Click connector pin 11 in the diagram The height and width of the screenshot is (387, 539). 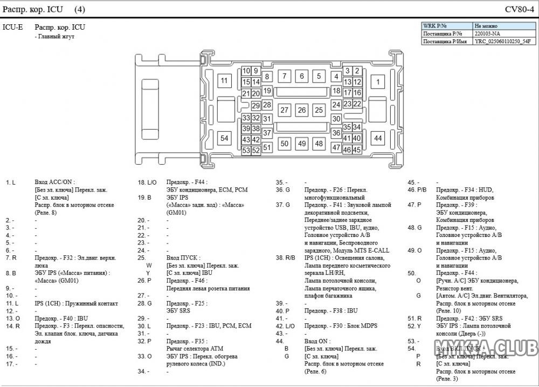click(224, 82)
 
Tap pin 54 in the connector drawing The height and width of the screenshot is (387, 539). click(224, 138)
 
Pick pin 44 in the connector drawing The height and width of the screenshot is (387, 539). click(378, 138)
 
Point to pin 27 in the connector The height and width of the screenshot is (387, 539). click(285, 110)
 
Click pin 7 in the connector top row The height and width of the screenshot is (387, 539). click(285, 76)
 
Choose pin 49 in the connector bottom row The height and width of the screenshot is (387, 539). click(302, 144)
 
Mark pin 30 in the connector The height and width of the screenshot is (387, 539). click(336, 119)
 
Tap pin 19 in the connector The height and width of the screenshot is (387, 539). click(267, 91)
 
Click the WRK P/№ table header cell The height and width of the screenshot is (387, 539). click(446, 26)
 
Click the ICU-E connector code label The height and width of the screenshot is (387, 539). click(12, 27)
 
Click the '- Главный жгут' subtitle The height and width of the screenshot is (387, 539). click(54, 37)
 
